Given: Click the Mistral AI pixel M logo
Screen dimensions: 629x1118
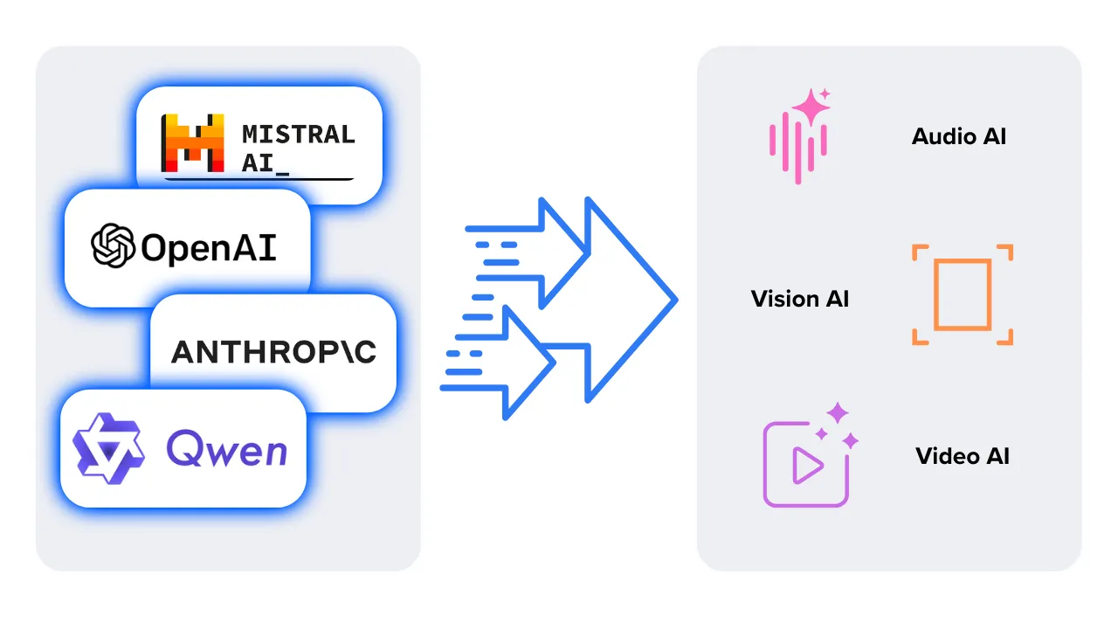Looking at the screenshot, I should tap(193, 142).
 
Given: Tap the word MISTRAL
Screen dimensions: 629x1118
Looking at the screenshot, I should tap(299, 135).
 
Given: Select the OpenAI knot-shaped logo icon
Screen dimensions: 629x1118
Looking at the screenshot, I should tap(114, 245).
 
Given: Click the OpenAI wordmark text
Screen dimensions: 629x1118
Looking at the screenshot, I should tap(209, 248).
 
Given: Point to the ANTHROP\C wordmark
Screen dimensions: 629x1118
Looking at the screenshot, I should tap(274, 351).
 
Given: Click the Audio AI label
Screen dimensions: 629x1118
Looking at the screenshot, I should tap(959, 136).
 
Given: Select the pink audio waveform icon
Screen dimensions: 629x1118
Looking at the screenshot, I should tap(797, 144).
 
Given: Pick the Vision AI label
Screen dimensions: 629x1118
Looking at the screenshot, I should tap(800, 299).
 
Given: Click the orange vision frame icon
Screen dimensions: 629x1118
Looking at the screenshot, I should tap(962, 294).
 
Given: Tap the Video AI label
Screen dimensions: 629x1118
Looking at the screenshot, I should tap(963, 456).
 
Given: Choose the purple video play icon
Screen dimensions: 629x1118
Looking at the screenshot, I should tap(806, 464).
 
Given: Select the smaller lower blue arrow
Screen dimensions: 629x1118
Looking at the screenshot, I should tap(524, 362).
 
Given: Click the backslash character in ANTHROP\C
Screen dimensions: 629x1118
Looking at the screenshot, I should tap(343, 351).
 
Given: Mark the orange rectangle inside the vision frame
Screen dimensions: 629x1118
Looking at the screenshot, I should tap(962, 294).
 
